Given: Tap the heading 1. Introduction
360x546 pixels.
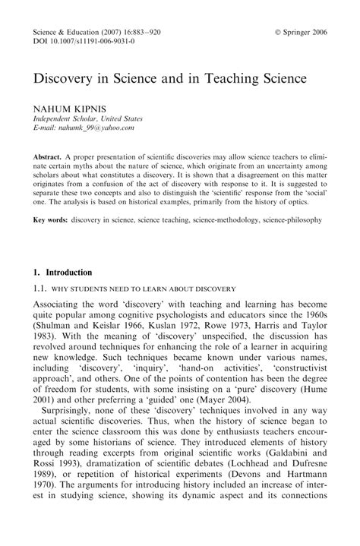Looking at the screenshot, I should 62,272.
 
